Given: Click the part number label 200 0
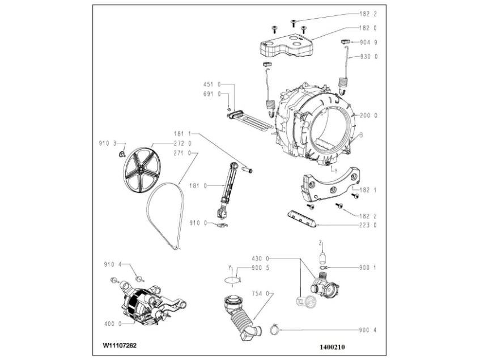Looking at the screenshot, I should point(369,116).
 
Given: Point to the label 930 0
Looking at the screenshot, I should point(369,57).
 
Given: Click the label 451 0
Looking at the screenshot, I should point(211,84).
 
